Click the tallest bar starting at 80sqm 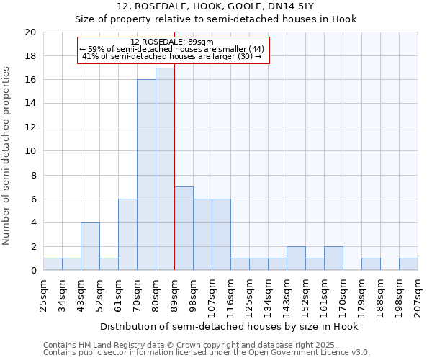165,169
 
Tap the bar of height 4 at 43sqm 90,246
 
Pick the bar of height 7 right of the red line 184,228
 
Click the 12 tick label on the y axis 30,127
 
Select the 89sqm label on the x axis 174,294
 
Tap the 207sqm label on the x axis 418,294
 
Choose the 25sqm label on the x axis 44,294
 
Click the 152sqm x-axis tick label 305,294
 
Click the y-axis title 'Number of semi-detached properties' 7,156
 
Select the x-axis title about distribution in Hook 230,326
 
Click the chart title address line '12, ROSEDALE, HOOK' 216,6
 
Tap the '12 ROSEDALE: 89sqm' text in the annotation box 173,42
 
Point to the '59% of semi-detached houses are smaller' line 173,49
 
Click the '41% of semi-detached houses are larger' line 173,56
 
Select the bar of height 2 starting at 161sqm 333,258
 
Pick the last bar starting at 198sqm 408,264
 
